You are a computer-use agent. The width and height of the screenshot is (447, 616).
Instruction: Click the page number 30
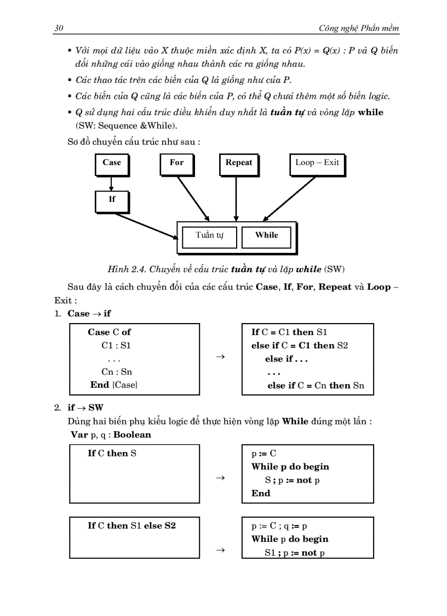coord(59,28)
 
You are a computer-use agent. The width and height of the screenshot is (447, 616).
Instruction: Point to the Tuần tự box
coord(209,236)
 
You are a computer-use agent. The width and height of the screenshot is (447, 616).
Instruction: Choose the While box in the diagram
coord(267,236)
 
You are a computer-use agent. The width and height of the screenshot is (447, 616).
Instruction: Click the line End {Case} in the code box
coord(114,385)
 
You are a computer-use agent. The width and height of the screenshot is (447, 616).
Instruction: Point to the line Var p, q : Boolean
coord(111,434)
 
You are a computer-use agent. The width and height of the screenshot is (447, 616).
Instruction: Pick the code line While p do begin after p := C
coord(290,467)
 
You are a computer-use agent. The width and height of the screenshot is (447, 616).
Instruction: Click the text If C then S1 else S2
coord(131,525)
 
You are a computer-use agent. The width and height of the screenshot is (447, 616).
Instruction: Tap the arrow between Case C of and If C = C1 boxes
coord(220,357)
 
